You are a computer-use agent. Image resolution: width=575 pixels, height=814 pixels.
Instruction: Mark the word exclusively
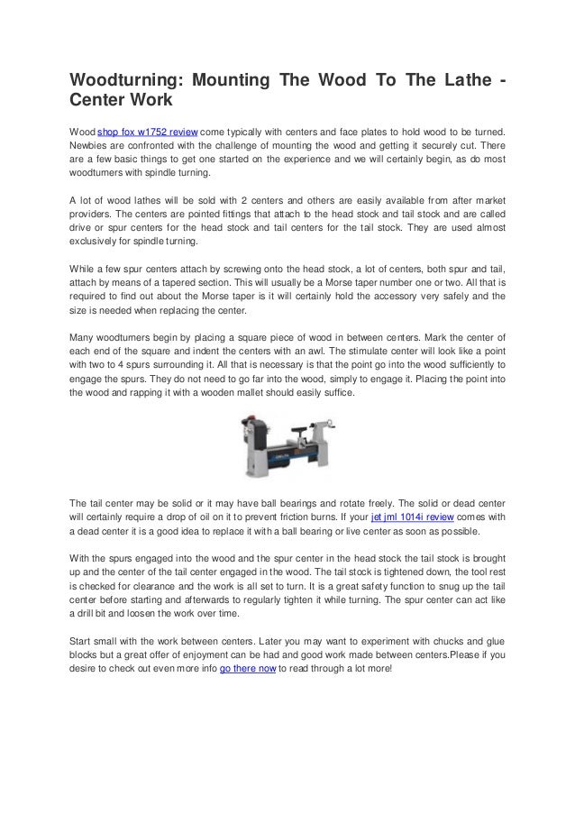(99, 242)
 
